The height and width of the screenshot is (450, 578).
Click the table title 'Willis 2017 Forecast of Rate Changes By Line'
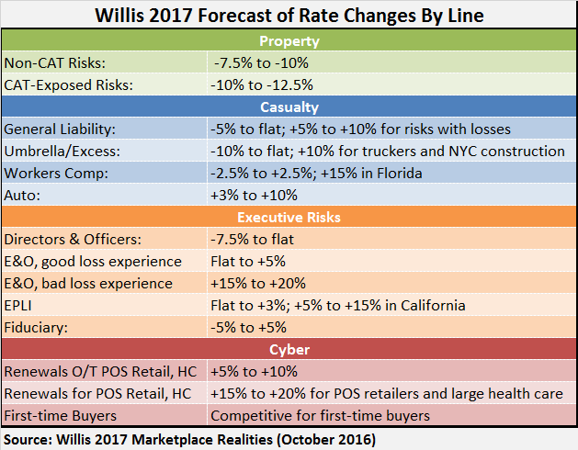tap(289, 17)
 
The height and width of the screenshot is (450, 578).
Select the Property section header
tap(289, 41)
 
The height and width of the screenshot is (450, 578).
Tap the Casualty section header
tap(289, 107)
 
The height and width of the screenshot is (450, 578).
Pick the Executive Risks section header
tap(289, 217)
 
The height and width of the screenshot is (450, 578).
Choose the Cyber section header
tap(289, 350)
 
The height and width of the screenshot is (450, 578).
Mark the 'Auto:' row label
tap(23, 195)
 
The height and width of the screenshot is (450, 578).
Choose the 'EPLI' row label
tap(21, 305)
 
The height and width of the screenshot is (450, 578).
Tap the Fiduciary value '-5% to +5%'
tap(249, 327)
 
